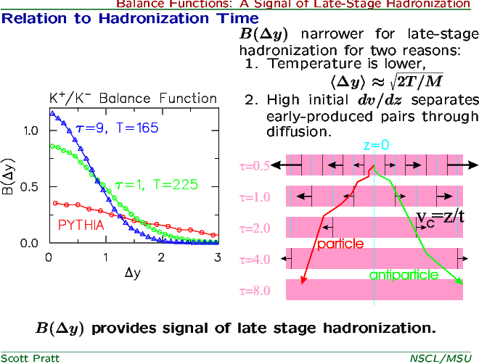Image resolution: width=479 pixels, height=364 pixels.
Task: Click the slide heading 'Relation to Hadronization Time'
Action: pos(130,19)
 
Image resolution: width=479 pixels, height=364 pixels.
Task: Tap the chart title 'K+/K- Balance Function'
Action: pos(134,98)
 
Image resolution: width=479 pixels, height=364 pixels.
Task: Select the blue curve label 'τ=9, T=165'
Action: pos(117,128)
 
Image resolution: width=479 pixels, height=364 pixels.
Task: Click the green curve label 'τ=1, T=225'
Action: pos(157,185)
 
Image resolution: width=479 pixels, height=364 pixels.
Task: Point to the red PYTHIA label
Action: pos(81,226)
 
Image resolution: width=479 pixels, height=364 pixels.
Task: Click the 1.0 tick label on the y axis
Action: pos(30,131)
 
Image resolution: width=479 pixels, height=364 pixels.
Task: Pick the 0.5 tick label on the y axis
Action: pos(29,187)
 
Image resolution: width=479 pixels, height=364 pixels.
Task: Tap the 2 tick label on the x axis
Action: pos(161,258)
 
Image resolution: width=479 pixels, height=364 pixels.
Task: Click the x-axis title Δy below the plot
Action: pos(133,272)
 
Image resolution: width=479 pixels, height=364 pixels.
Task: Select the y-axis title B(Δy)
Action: pos(8,177)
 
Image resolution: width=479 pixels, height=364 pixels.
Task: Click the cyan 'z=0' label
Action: pos(377,145)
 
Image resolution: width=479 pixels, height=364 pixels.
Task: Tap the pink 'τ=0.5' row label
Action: pos(255,166)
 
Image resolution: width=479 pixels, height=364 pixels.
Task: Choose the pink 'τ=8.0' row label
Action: pos(255,291)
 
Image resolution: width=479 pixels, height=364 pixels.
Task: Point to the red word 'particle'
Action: pos(340,244)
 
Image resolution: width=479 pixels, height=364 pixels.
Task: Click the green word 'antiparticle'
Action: pos(404,275)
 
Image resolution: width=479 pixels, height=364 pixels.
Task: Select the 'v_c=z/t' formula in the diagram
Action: pos(441,218)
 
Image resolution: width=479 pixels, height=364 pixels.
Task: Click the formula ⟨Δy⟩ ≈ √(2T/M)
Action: pos(386,81)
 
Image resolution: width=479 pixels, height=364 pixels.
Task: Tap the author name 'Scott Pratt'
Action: pos(30,358)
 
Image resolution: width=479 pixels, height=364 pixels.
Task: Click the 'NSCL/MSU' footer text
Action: pos(441,358)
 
